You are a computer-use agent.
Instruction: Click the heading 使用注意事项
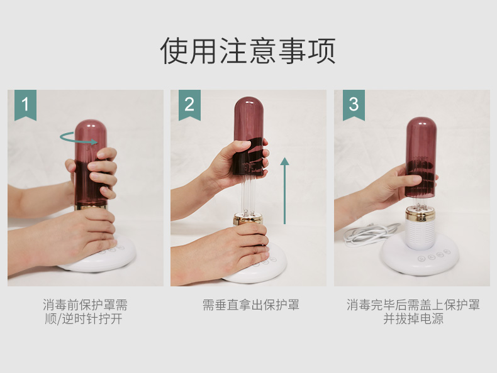[248, 51]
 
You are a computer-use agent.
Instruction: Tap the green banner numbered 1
[25, 105]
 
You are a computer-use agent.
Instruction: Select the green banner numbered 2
[189, 105]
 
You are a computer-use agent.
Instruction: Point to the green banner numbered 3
[354, 105]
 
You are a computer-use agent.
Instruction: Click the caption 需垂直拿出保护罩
[251, 305]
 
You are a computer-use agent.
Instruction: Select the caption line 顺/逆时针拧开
[84, 319]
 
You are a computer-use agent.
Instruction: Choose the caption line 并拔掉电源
[413, 319]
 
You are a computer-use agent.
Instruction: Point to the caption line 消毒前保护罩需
[85, 305]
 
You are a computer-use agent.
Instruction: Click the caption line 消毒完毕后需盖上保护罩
[413, 305]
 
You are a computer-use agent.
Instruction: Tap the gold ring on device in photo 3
[420, 215]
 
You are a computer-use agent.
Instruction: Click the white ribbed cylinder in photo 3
[420, 234]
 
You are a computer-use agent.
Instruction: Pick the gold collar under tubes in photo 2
[248, 219]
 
